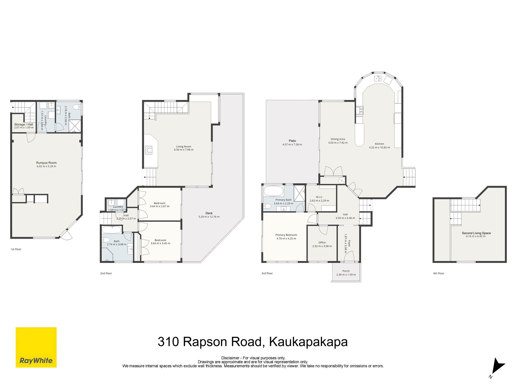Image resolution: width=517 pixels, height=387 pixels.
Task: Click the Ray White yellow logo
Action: (36, 347)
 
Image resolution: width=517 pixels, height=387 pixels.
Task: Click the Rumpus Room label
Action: (46, 163)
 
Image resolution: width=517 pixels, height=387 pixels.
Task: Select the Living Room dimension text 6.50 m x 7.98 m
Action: (184, 150)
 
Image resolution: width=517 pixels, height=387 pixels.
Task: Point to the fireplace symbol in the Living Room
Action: (149, 150)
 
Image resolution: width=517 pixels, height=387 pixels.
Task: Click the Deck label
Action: (209, 213)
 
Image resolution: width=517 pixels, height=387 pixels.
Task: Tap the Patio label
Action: (292, 141)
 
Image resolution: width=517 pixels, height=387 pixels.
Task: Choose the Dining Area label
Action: (338, 139)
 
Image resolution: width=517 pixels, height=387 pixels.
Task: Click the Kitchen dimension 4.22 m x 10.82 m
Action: (379, 148)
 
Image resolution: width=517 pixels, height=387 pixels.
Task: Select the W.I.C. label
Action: (319, 197)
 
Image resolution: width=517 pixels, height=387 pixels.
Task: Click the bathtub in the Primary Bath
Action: (274, 191)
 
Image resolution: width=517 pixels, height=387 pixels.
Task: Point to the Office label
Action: (322, 242)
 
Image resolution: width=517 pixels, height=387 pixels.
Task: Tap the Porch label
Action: (346, 271)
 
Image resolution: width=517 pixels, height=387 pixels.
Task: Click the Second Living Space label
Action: (476, 233)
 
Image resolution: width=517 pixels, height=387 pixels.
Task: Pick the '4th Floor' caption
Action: (439, 273)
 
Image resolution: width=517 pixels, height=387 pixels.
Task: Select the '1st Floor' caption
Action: (16, 249)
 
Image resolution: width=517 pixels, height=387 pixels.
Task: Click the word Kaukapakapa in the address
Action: (308, 342)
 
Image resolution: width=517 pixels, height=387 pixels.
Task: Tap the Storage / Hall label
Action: (24, 124)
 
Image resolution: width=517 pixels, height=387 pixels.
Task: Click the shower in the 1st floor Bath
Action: (75, 126)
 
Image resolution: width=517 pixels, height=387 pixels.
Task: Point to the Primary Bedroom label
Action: (286, 235)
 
